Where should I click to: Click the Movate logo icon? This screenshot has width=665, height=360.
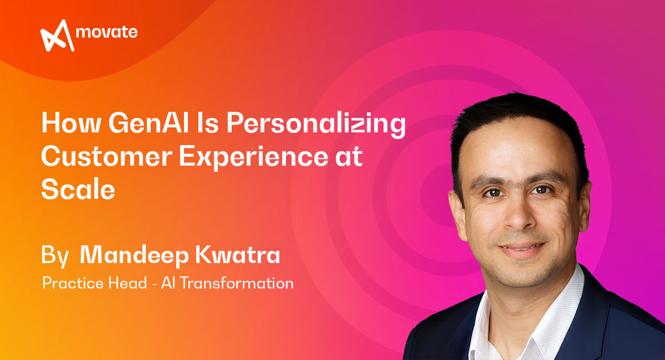click(57, 35)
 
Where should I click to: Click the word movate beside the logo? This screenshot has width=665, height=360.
click(107, 32)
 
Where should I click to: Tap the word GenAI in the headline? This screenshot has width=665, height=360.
click(149, 123)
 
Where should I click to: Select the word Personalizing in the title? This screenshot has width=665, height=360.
click(316, 125)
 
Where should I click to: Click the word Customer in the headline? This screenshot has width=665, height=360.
click(106, 156)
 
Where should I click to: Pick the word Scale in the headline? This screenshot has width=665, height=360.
click(78, 189)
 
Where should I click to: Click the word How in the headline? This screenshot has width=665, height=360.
click(71, 123)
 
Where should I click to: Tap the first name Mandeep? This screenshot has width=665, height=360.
click(135, 255)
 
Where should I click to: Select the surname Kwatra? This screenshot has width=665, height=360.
click(238, 255)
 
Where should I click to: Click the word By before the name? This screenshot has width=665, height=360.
click(55, 256)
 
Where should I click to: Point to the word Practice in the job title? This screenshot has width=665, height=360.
click(74, 283)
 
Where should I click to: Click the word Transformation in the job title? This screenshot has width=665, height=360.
click(237, 283)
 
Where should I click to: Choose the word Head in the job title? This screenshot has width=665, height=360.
click(127, 283)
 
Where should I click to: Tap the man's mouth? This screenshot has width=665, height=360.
click(521, 249)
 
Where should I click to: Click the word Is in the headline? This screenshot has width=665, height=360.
click(207, 123)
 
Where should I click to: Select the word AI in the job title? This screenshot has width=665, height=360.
click(168, 283)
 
